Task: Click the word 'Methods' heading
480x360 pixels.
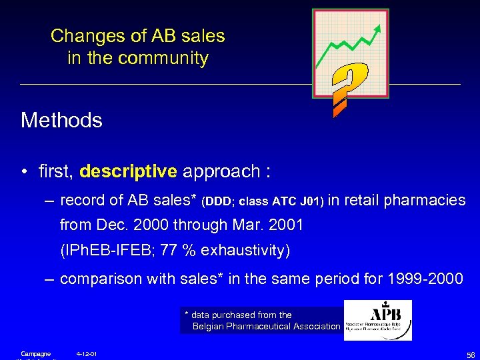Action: pos(61,121)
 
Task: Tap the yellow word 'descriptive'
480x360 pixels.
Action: pos(128,171)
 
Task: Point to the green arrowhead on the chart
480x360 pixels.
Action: pos(379,28)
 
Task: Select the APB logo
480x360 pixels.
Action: pos(377,320)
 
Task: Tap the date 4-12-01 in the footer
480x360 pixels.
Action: pos(87,353)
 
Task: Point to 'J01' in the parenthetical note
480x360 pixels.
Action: pos(311,201)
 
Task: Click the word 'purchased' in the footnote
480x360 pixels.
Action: pos(233,315)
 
